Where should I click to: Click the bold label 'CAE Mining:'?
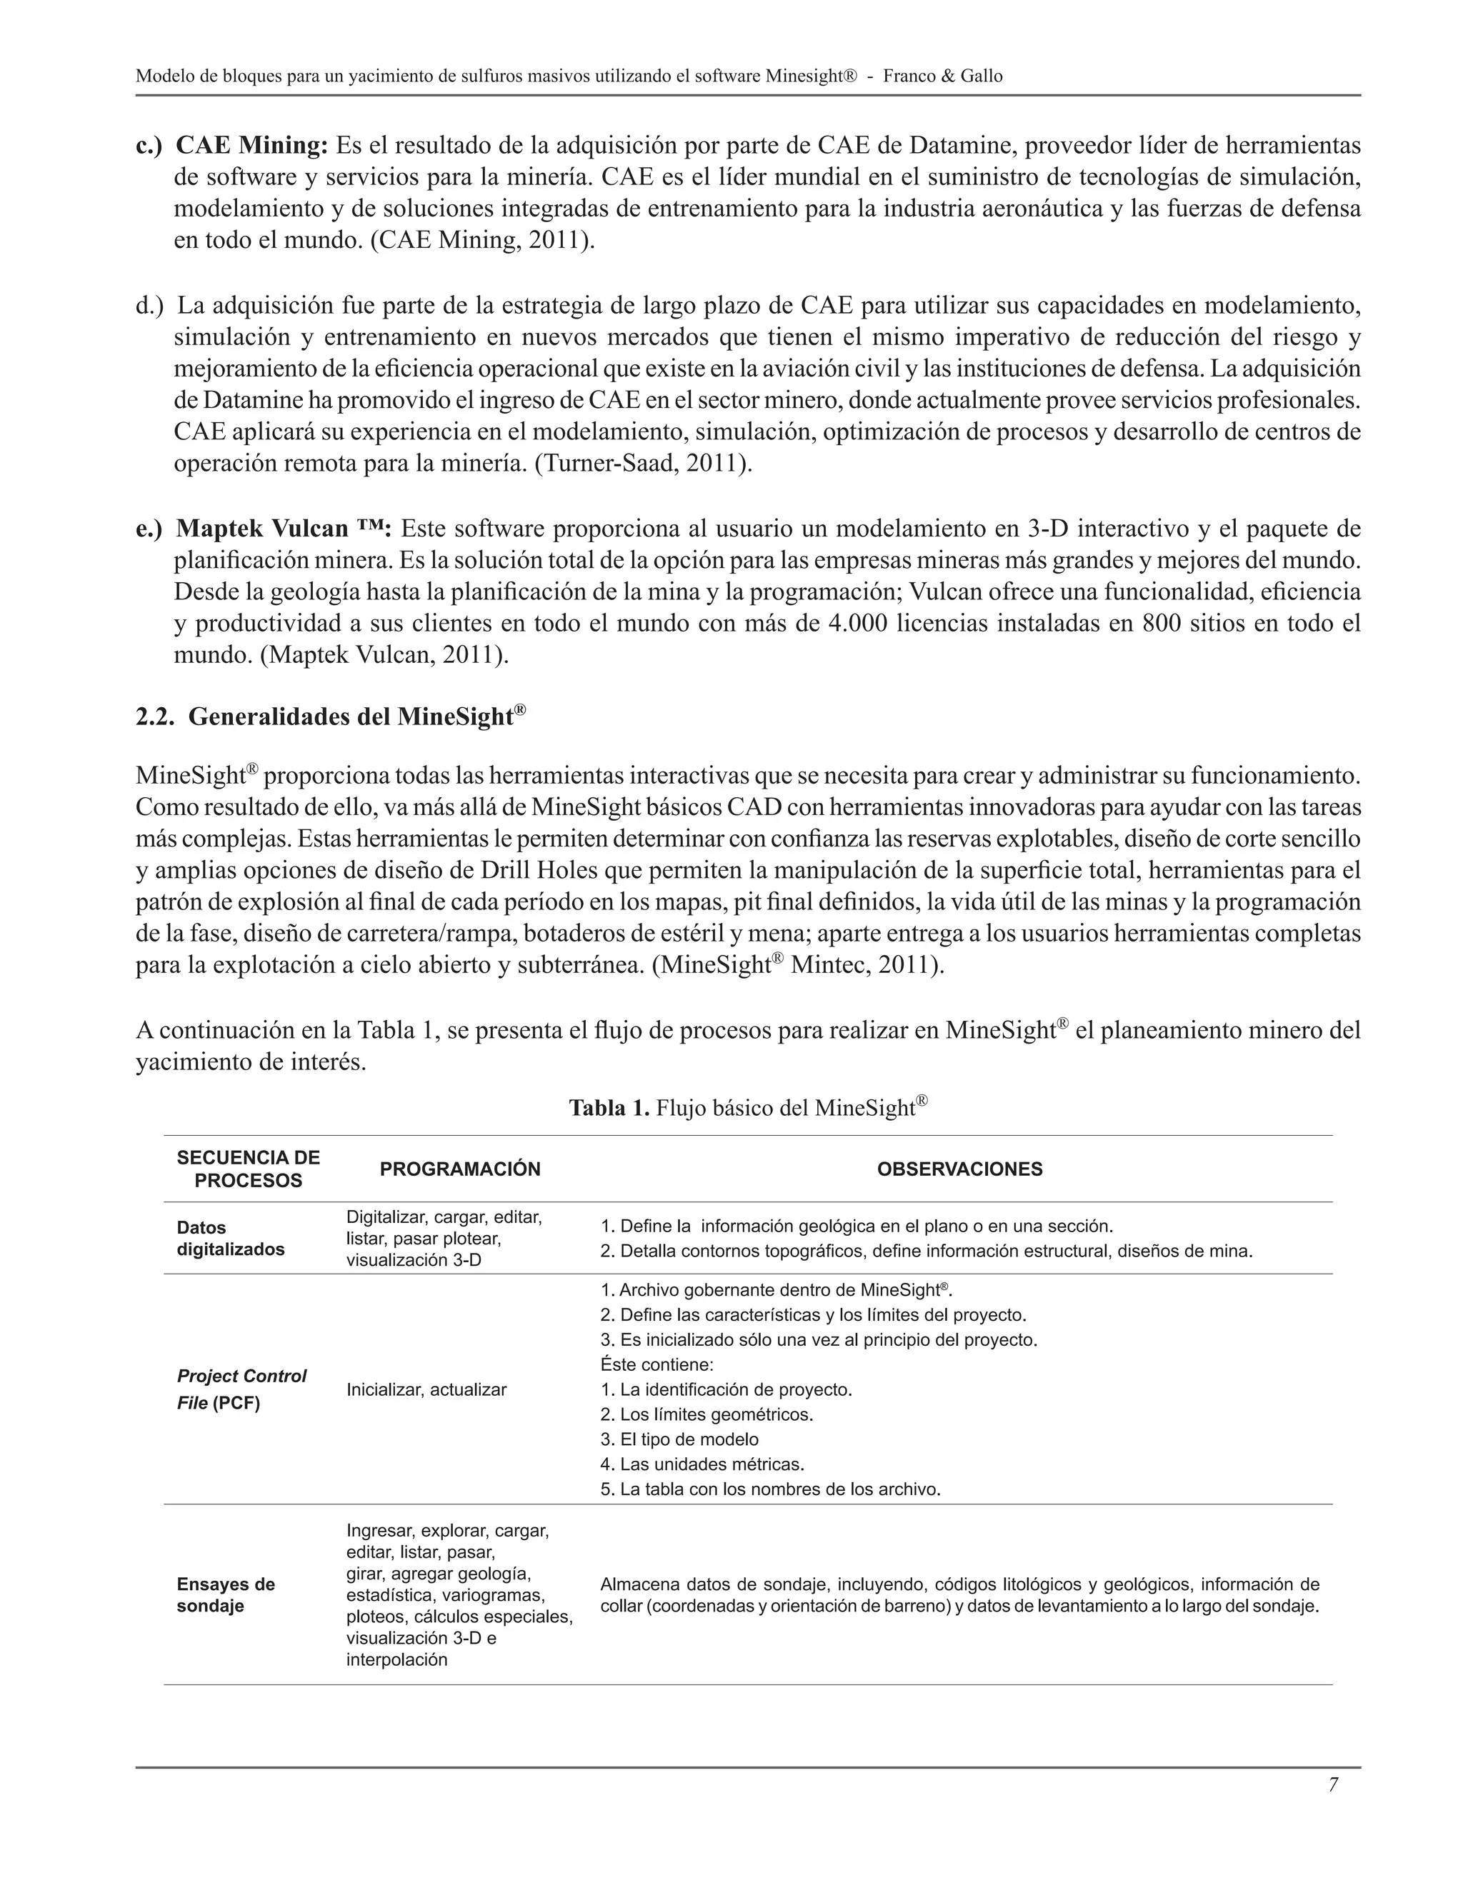[251, 145]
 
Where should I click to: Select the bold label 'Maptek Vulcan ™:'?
[284, 529]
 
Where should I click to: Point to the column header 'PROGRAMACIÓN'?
[459, 1169]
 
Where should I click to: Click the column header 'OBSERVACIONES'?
[959, 1169]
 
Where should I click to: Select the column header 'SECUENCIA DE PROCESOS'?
[248, 1169]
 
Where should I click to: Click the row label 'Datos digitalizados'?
[230, 1239]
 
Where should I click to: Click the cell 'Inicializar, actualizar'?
[426, 1389]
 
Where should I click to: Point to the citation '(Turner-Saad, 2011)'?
[643, 464]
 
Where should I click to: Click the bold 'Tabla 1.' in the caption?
[609, 1108]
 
